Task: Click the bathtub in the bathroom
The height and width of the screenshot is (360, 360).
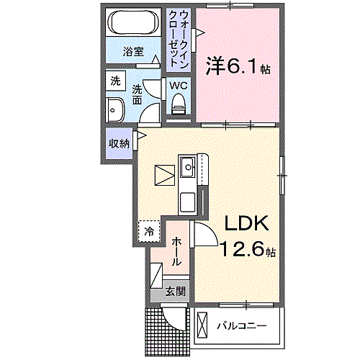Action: point(132,24)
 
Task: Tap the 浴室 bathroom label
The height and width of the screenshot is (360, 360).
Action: point(132,52)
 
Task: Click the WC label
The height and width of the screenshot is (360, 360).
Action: point(179,86)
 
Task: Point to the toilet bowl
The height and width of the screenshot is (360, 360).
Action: point(179,104)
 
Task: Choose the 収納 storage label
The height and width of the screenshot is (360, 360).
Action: point(119,143)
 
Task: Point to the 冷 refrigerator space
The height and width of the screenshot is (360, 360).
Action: point(149,231)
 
